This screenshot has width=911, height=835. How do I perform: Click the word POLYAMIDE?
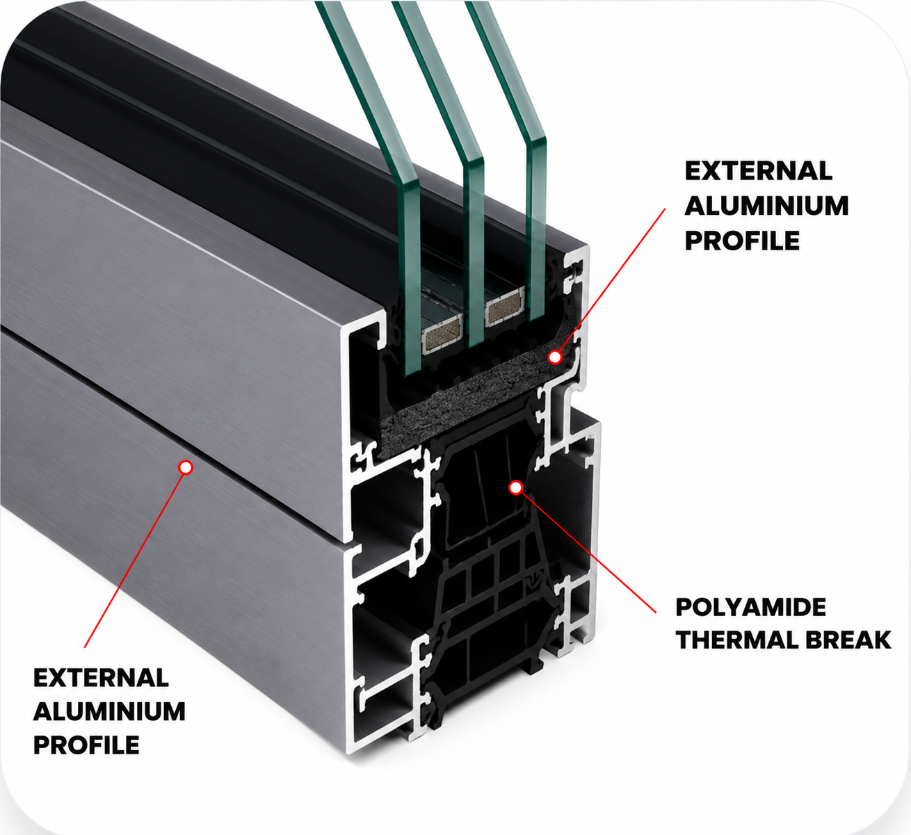click(x=751, y=607)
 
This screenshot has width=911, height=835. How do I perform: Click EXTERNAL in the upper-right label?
click(x=759, y=171)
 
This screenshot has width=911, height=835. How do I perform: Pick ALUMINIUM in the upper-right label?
click(x=766, y=206)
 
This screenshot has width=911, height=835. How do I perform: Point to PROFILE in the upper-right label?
click(x=742, y=240)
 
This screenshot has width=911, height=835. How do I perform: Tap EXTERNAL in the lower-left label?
click(x=101, y=679)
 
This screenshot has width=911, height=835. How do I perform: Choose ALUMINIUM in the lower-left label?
click(x=109, y=711)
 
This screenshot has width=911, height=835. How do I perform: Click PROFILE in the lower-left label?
click(x=86, y=745)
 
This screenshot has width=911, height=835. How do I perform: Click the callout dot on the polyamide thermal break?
click(x=515, y=488)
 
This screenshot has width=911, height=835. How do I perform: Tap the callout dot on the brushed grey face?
click(x=186, y=467)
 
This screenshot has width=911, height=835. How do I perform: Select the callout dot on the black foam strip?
click(x=554, y=357)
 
